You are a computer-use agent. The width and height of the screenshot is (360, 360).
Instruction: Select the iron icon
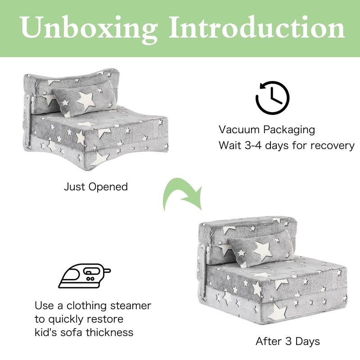(85, 276)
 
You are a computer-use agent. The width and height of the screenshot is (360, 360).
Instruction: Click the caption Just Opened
(96, 186)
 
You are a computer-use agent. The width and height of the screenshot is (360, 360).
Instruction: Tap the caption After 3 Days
(288, 341)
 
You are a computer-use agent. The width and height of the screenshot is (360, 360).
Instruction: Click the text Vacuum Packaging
(267, 130)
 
